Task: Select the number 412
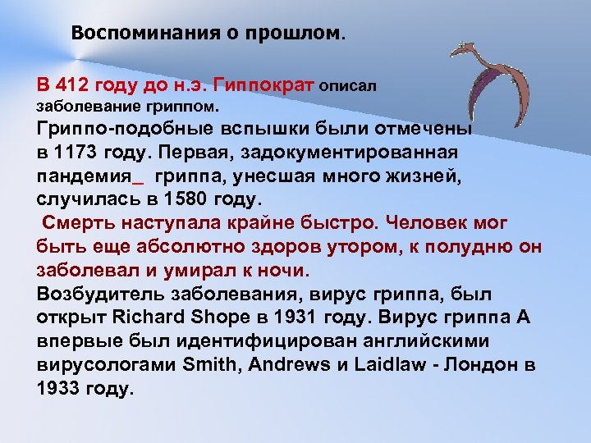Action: tap(72, 85)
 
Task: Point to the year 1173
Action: tap(76, 153)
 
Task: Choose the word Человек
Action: tap(432, 223)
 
